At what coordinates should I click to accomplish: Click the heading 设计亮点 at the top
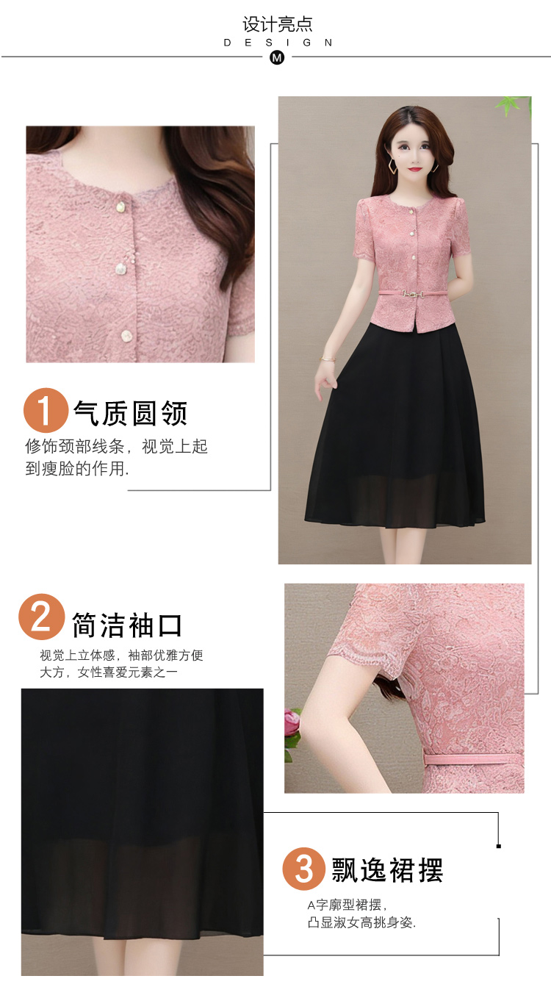click(x=277, y=24)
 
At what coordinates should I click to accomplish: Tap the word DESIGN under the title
click(x=278, y=43)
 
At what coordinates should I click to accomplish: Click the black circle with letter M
click(x=277, y=57)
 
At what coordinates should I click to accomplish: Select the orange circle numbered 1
click(x=46, y=410)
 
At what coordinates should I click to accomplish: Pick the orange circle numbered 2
click(x=41, y=617)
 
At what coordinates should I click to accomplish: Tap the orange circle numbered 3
click(x=304, y=869)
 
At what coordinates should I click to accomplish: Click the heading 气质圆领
click(x=130, y=413)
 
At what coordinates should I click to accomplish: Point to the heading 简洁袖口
click(x=127, y=625)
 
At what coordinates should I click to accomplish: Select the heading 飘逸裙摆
click(x=387, y=870)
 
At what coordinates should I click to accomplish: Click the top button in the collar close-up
click(x=120, y=207)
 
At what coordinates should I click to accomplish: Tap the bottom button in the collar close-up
click(x=126, y=336)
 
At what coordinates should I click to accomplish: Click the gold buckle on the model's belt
click(x=411, y=293)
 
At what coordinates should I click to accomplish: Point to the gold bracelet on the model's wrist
click(x=327, y=359)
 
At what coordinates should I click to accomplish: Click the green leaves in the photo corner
click(x=513, y=106)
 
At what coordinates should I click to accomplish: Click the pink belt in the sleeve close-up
click(x=473, y=758)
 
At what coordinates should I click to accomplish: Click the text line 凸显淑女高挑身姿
click(x=361, y=922)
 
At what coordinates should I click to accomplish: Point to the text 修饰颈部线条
click(x=74, y=446)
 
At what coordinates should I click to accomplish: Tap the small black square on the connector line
click(x=499, y=847)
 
